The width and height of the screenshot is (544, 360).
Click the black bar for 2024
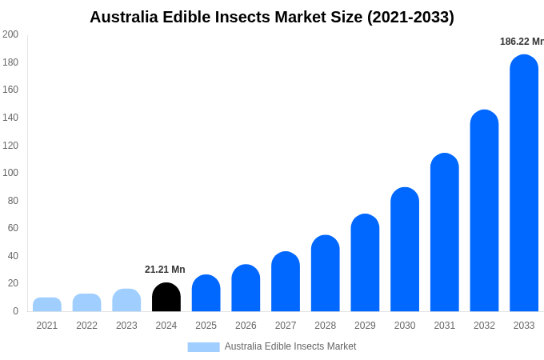click(x=166, y=298)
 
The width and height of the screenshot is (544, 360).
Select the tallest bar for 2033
click(x=524, y=184)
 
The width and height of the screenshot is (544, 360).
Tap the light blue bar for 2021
click(x=47, y=305)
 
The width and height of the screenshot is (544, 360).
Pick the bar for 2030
click(x=405, y=250)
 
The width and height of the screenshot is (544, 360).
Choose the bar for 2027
click(x=286, y=282)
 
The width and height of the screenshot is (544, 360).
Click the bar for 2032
click(x=484, y=211)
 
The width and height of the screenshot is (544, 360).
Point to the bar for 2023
click(x=126, y=301)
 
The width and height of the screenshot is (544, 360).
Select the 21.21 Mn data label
click(x=165, y=270)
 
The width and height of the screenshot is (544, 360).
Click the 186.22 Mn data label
click(x=521, y=42)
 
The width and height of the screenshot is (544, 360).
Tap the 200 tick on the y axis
click(x=10, y=34)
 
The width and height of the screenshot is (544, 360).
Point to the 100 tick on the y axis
click(x=10, y=173)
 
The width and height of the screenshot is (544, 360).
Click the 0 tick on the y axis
click(x=15, y=311)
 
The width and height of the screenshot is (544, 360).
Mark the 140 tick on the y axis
click(x=10, y=118)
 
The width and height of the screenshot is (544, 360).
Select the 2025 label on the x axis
click(x=206, y=326)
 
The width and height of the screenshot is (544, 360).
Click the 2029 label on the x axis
click(x=365, y=326)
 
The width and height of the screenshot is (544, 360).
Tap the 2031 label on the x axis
click(x=444, y=326)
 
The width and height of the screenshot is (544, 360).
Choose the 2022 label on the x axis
click(x=86, y=326)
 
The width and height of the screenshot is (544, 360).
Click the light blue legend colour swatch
click(x=203, y=346)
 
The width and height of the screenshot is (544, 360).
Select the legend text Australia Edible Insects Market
click(x=290, y=346)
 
